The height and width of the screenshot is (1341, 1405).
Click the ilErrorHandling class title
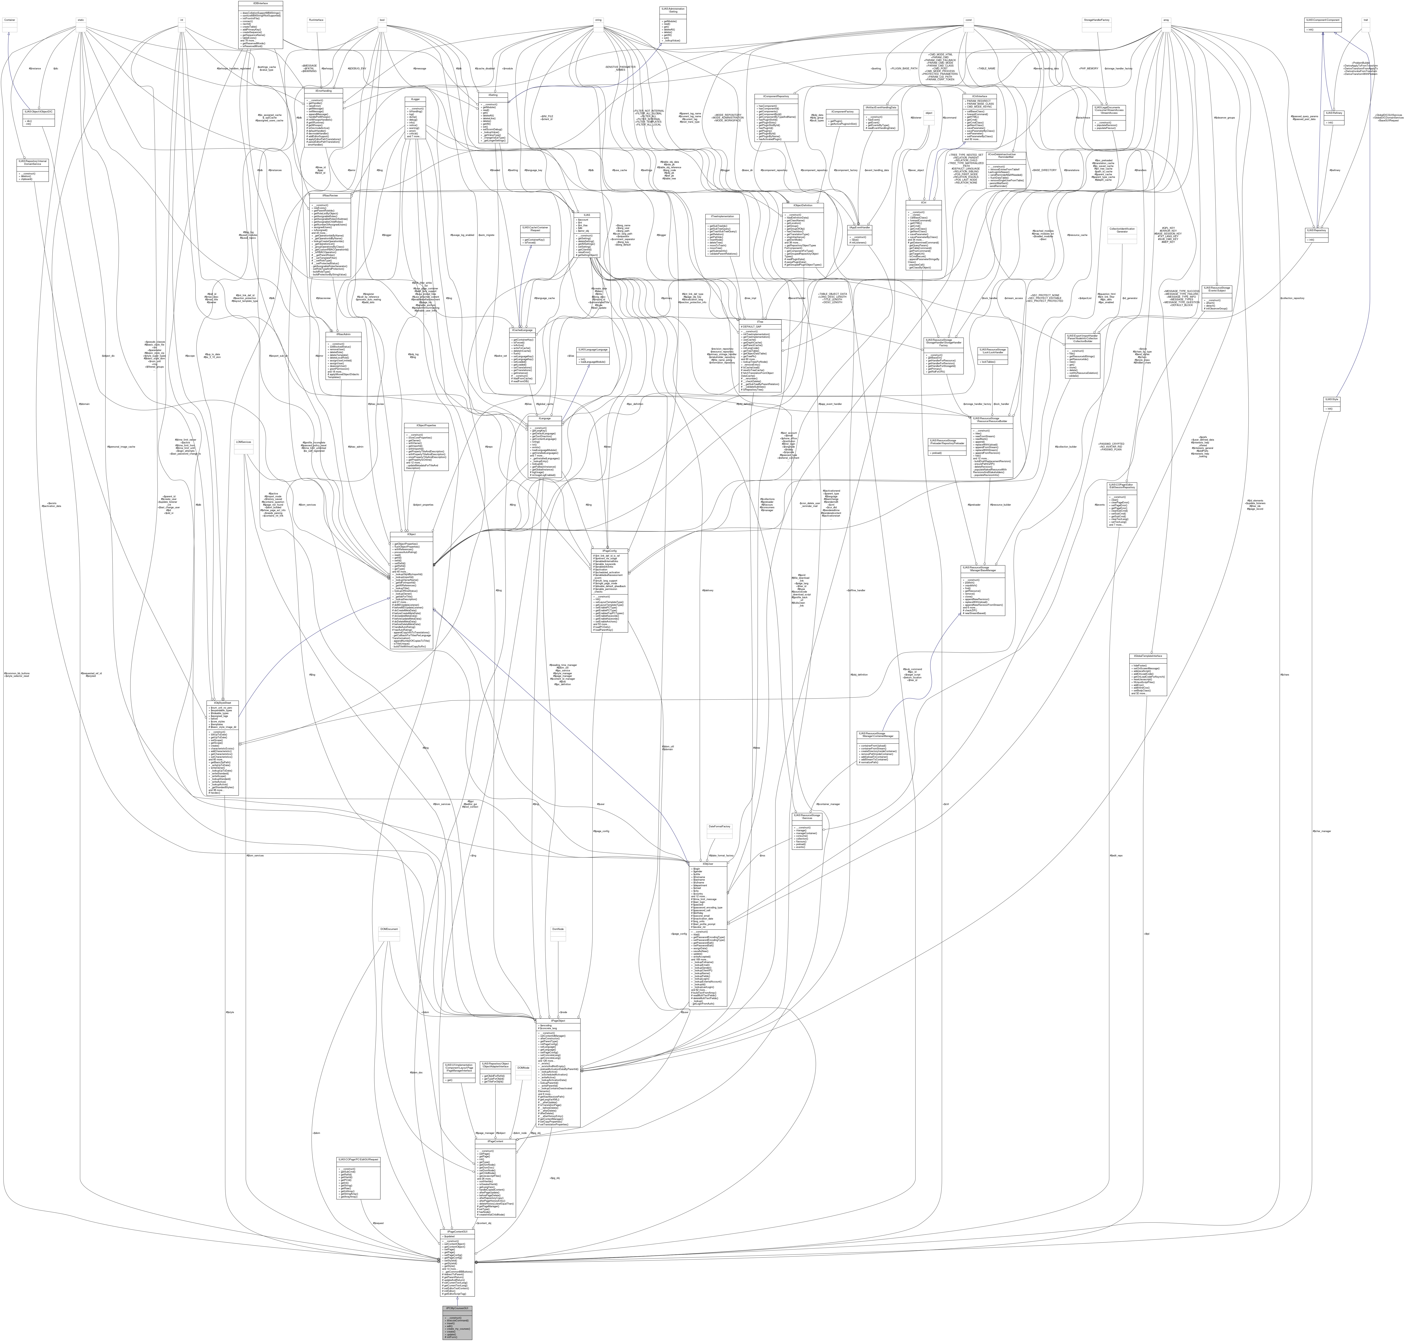coord(323,91)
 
